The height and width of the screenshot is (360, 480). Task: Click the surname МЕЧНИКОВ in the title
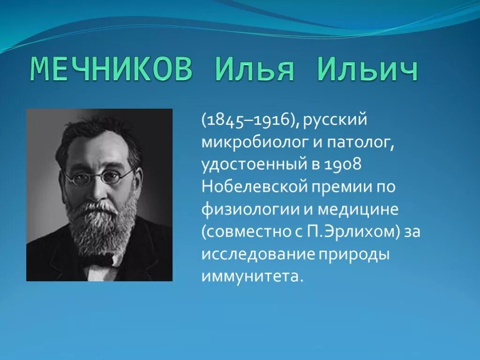coord(112,70)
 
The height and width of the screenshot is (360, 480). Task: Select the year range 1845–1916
coord(249,121)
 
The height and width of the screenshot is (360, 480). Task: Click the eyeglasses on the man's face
coord(98,177)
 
